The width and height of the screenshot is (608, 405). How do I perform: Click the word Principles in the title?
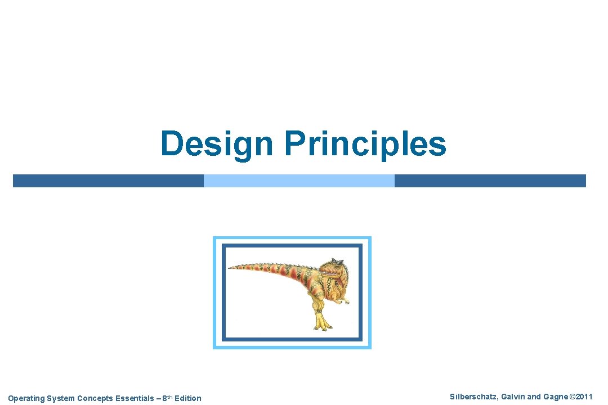[365, 143]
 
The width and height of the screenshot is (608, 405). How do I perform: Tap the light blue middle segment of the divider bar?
[299, 181]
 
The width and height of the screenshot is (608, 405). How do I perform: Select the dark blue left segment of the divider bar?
[108, 181]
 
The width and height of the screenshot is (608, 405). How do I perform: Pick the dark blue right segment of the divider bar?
[490, 181]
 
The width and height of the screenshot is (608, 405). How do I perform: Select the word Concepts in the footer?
[95, 398]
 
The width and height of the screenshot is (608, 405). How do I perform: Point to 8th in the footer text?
[167, 398]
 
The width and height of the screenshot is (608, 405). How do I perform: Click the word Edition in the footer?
[188, 398]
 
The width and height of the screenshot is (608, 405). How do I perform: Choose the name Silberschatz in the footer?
[473, 397]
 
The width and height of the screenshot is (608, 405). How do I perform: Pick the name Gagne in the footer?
[555, 397]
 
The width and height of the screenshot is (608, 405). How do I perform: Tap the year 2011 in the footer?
[584, 397]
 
